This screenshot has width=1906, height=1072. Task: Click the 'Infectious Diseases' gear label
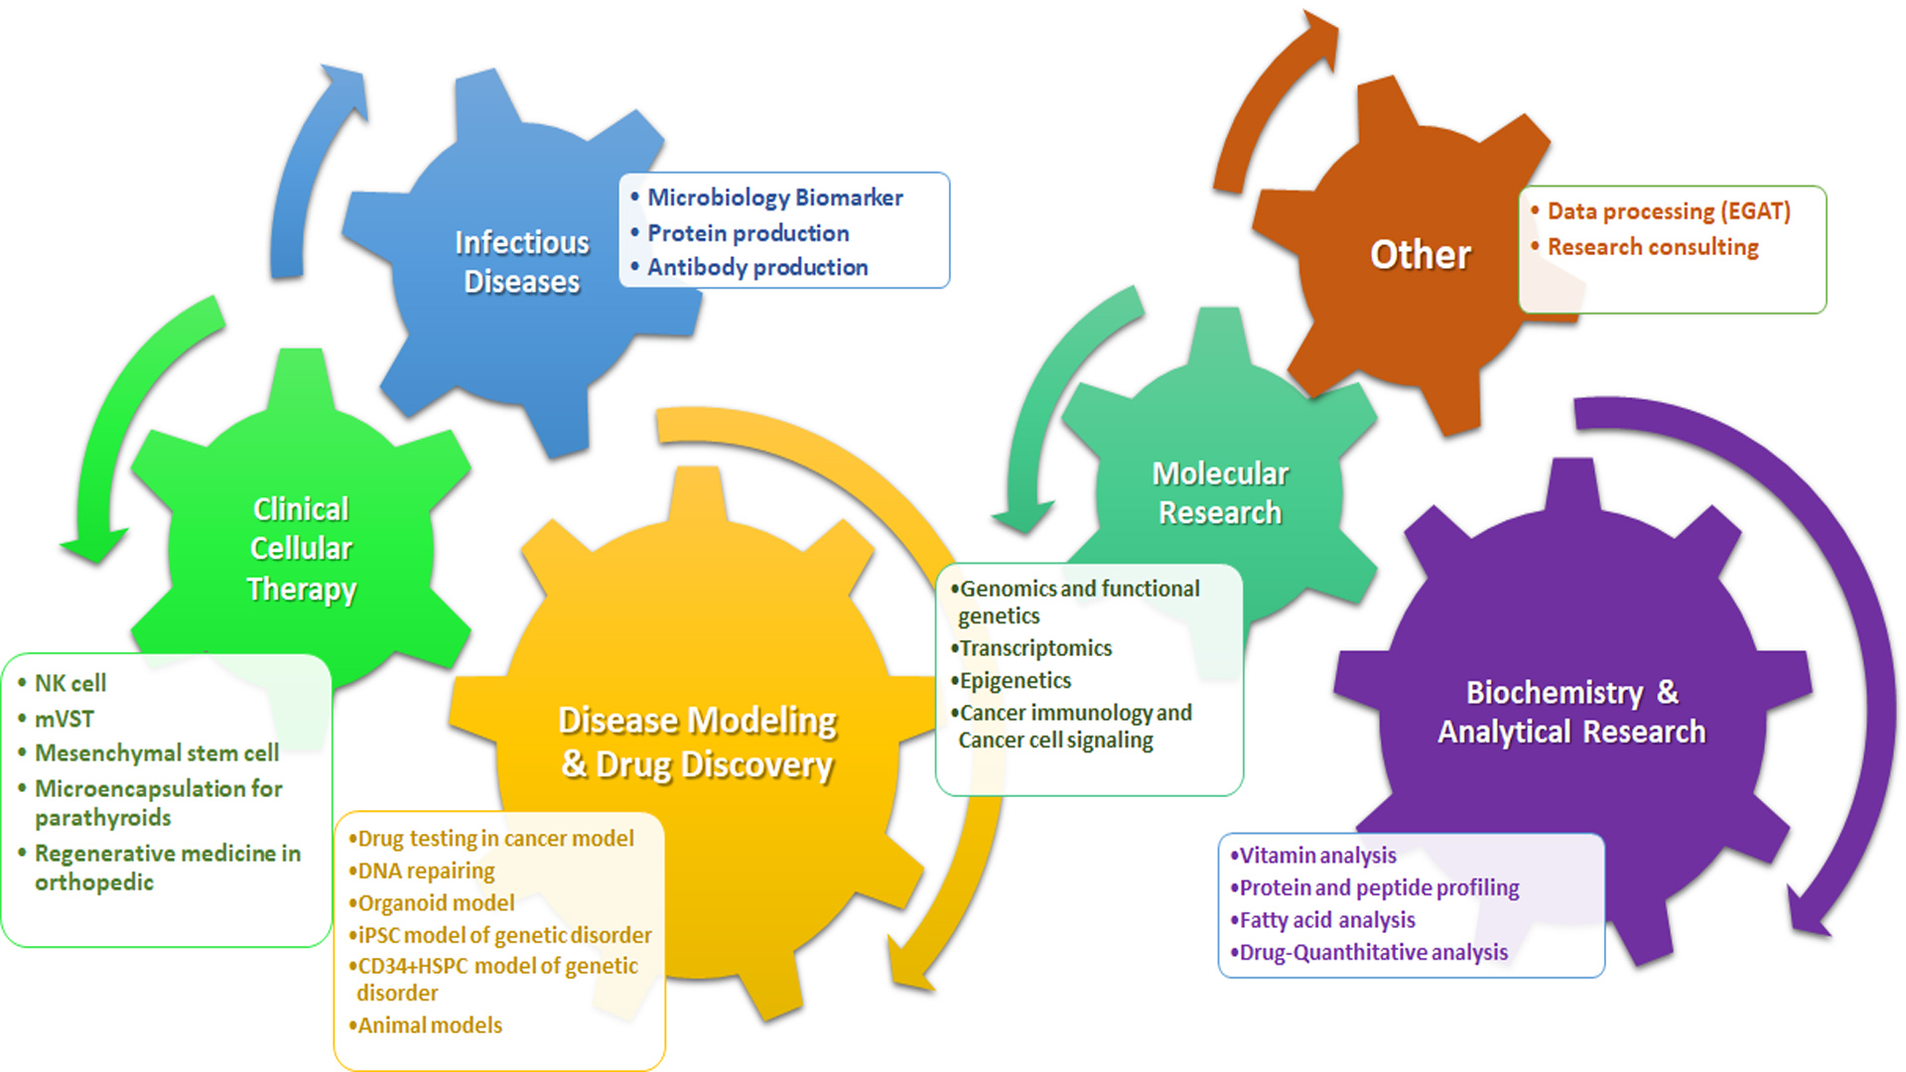[522, 262]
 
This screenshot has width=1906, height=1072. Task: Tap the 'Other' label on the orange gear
[1420, 255]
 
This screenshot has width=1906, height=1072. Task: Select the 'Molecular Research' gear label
[1220, 493]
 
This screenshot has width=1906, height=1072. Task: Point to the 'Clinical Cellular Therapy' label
[301, 549]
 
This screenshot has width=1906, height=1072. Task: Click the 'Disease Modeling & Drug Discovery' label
[697, 742]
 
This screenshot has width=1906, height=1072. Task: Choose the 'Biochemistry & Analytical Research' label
[1571, 712]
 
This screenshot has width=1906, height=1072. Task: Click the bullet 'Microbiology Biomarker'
[774, 198]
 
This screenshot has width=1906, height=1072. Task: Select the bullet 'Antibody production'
[757, 267]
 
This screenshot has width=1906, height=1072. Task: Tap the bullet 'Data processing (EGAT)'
[1668, 211]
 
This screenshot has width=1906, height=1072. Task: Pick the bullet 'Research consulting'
[1652, 247]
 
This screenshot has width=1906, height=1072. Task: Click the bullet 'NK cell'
[69, 683]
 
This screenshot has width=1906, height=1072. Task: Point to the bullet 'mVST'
[64, 719]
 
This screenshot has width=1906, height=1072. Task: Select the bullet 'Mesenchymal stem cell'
[156, 753]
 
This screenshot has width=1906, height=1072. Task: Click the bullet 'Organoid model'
[435, 903]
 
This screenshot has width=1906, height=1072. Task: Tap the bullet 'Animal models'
[429, 1025]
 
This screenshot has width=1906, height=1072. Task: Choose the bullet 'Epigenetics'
[1015, 681]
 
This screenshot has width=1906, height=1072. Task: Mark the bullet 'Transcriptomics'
[1034, 648]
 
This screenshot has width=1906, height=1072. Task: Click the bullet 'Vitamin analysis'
[1316, 856]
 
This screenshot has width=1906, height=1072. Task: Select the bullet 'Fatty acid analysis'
[1326, 920]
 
